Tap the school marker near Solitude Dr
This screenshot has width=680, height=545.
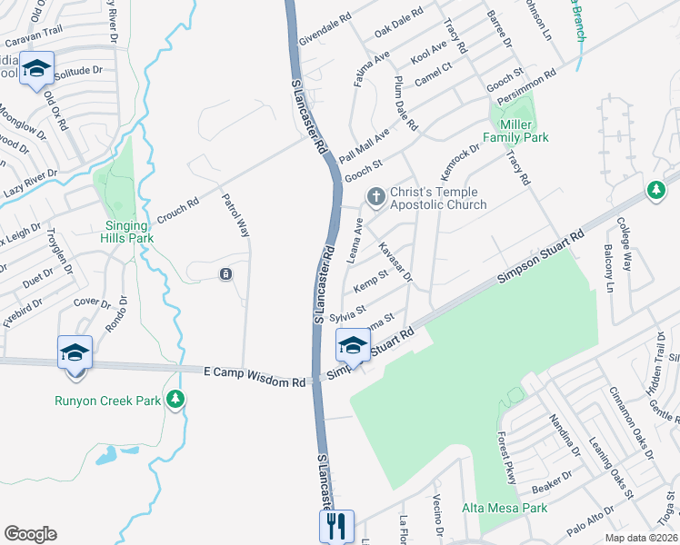click(37, 70)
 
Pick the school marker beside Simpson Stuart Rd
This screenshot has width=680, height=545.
click(353, 345)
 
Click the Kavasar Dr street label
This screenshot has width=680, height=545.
click(395, 262)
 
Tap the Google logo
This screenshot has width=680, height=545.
click(30, 534)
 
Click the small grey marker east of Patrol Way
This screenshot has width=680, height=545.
click(225, 274)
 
